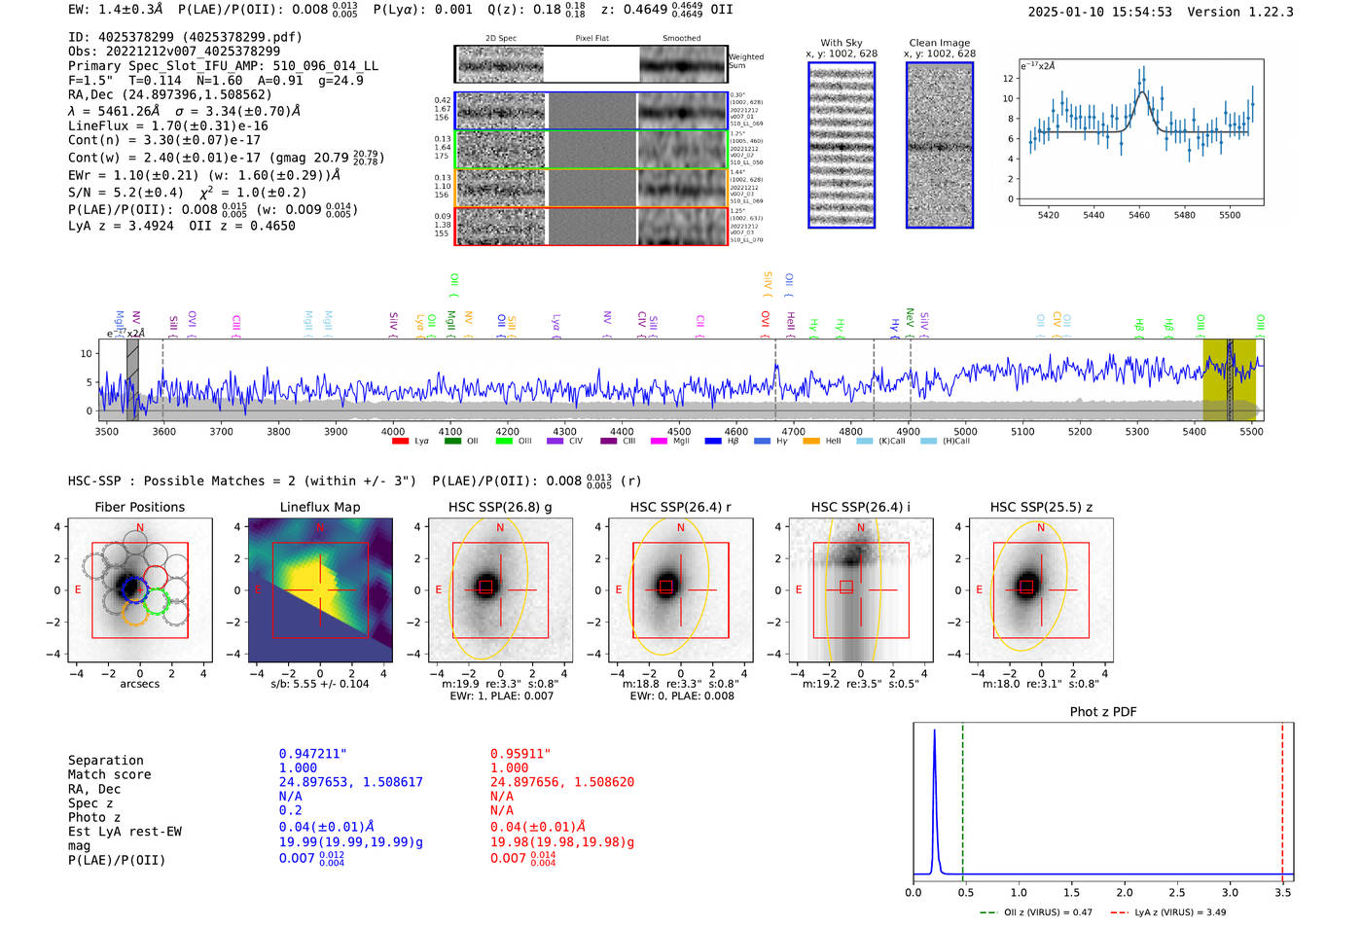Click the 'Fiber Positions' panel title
(x=139, y=507)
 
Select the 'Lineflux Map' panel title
(x=319, y=507)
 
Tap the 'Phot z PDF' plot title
(x=1102, y=711)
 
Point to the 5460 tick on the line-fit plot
(x=1138, y=215)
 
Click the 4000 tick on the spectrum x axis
(x=393, y=431)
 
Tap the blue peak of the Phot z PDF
(x=934, y=731)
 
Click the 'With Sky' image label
(x=841, y=43)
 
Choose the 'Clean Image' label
(x=939, y=43)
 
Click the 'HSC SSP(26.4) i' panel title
(x=860, y=507)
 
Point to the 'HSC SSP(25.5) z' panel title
(x=1041, y=507)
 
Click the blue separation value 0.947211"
(x=312, y=754)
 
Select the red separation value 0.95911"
(x=520, y=754)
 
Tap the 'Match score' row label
(x=109, y=774)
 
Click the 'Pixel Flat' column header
(x=591, y=38)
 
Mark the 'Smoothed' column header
(x=681, y=38)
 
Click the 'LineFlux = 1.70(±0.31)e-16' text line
(x=167, y=125)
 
